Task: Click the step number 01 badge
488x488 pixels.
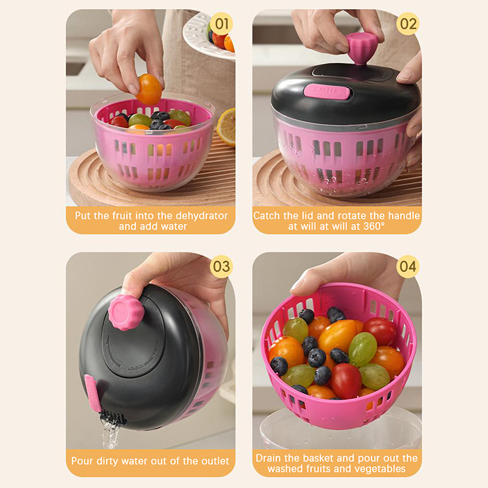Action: click(221, 24)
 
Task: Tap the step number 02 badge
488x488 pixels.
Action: click(407, 24)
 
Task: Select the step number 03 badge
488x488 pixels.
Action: click(221, 267)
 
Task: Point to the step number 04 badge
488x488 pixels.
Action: click(407, 267)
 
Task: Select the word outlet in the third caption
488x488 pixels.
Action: click(214, 461)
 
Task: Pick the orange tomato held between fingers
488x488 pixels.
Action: click(149, 89)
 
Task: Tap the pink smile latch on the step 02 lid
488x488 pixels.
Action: click(326, 91)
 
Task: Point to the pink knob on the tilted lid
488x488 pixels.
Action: click(126, 312)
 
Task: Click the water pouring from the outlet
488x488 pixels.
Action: click(110, 432)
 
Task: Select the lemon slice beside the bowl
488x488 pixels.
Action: click(226, 127)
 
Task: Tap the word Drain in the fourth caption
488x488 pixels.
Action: click(268, 458)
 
